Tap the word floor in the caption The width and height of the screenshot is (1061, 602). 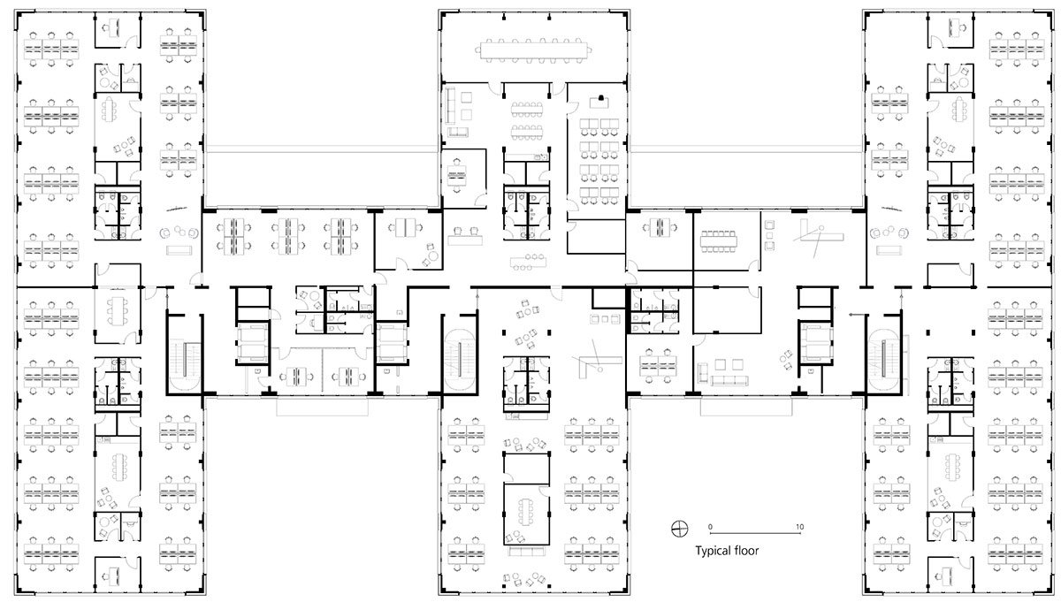click(x=746, y=551)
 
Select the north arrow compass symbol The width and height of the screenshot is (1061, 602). click(x=679, y=529)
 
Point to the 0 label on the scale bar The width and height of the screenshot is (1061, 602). click(x=710, y=527)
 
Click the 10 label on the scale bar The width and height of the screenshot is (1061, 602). click(x=799, y=527)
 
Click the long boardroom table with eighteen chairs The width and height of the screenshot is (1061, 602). click(x=533, y=50)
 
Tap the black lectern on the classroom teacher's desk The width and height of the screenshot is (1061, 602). click(x=601, y=98)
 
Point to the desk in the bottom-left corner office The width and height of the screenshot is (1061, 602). click(x=111, y=575)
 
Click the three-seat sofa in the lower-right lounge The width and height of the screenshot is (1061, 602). click(x=730, y=380)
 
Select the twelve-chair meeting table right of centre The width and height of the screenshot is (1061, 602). click(x=718, y=241)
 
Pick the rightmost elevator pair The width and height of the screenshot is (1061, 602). click(x=815, y=342)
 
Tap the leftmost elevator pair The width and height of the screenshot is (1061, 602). click(x=252, y=342)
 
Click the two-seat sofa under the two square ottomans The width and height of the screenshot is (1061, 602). click(x=458, y=131)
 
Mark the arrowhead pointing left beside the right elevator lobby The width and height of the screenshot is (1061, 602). click(x=851, y=315)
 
